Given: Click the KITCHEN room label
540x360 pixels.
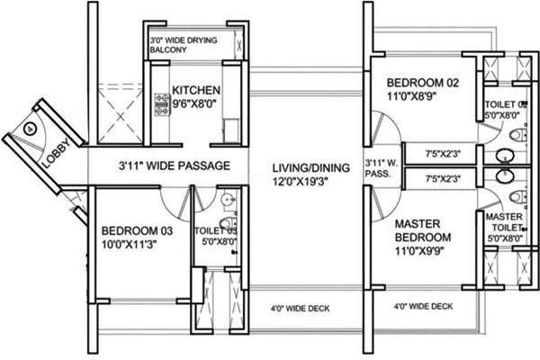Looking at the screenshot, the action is tap(196, 90).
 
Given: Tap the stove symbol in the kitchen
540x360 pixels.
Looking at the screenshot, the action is tap(162, 104).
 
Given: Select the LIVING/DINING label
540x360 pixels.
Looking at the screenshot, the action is tap(311, 167).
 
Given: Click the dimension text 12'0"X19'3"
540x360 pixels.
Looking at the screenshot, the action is tap(300, 181).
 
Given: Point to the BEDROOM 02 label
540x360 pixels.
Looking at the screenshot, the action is tap(423, 83).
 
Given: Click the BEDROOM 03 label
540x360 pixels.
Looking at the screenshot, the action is tap(137, 230).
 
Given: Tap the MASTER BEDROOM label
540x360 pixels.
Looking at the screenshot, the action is tap(423, 230).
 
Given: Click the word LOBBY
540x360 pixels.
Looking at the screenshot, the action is tap(58, 154).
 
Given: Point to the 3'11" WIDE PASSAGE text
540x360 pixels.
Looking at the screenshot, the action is tap(175, 166).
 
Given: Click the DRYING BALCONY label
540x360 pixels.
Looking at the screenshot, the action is tap(184, 45).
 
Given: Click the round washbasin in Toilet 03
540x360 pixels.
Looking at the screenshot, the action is tap(228, 200).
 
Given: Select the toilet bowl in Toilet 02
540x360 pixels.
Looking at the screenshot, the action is tap(518, 135).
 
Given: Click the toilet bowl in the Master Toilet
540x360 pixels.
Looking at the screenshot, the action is tap(518, 197).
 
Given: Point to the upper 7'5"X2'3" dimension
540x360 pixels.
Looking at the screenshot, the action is tap(443, 154).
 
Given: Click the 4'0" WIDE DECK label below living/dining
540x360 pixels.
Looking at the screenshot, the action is tap(300, 309).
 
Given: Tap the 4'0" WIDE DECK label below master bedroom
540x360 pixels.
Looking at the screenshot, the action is tap(423, 306).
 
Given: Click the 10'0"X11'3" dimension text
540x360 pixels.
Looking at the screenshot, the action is tap(129, 244).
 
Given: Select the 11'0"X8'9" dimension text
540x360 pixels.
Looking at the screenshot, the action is tap(412, 96).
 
